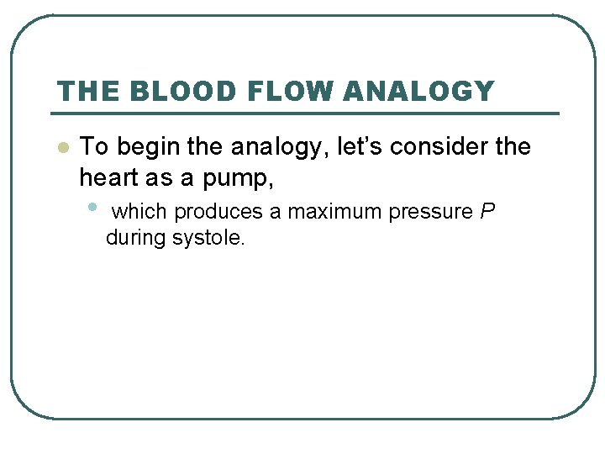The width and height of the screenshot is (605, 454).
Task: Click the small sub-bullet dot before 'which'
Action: point(92,207)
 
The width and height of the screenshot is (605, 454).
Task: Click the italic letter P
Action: point(488,212)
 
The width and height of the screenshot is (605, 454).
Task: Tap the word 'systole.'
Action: point(208,238)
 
